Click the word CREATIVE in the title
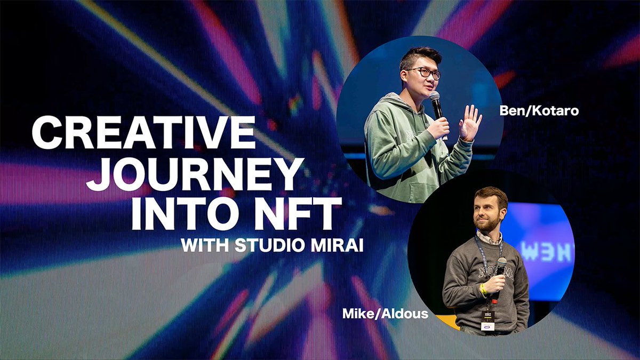(143, 133)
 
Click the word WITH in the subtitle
(205, 246)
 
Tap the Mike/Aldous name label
(385, 313)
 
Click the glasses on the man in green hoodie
(424, 73)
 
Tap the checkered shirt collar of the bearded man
(488, 238)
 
